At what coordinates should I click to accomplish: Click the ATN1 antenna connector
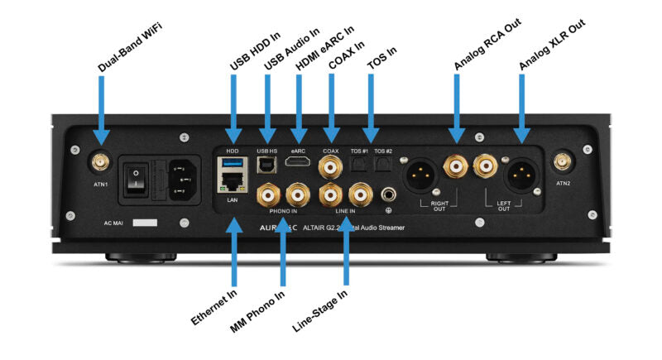98,160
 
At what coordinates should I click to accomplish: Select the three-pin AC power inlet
184,175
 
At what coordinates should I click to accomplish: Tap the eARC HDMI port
298,162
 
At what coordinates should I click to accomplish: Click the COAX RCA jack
333,168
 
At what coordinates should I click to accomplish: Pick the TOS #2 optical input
381,166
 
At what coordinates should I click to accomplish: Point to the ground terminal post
388,196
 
